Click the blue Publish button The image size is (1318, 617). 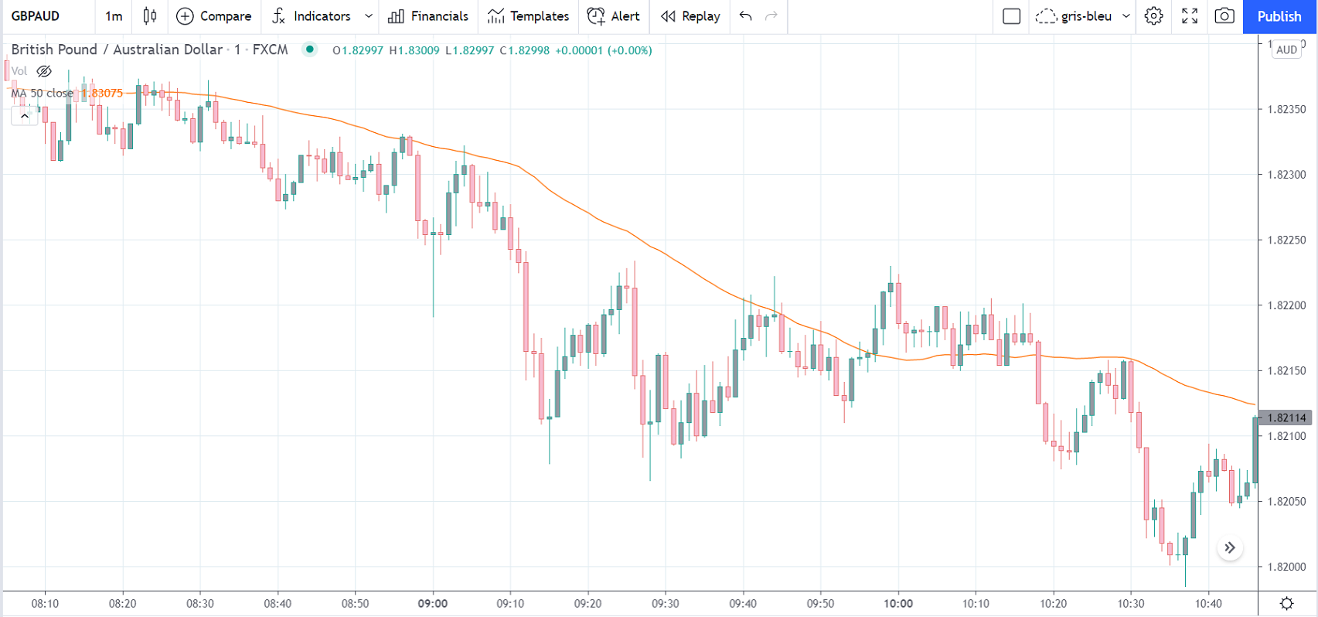tap(1279, 16)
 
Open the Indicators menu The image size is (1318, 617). tap(321, 16)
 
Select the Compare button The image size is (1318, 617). tap(213, 16)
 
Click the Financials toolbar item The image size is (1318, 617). tap(428, 16)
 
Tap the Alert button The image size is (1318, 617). tap(614, 16)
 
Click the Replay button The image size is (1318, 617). tap(690, 16)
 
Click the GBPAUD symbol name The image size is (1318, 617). tap(36, 16)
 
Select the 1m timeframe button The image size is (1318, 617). tap(114, 16)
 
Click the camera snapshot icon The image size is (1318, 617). tap(1224, 16)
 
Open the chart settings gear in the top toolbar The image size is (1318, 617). tap(1153, 16)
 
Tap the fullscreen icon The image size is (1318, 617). tap(1190, 16)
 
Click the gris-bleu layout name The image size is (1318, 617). tap(1086, 16)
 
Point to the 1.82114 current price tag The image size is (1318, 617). tap(1287, 418)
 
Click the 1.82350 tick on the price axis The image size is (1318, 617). tap(1286, 109)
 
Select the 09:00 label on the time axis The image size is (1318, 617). tap(433, 603)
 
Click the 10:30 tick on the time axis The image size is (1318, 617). tap(1131, 603)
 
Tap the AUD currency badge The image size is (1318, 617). tap(1287, 50)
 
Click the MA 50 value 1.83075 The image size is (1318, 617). tap(102, 94)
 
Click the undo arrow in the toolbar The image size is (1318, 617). tap(745, 16)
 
